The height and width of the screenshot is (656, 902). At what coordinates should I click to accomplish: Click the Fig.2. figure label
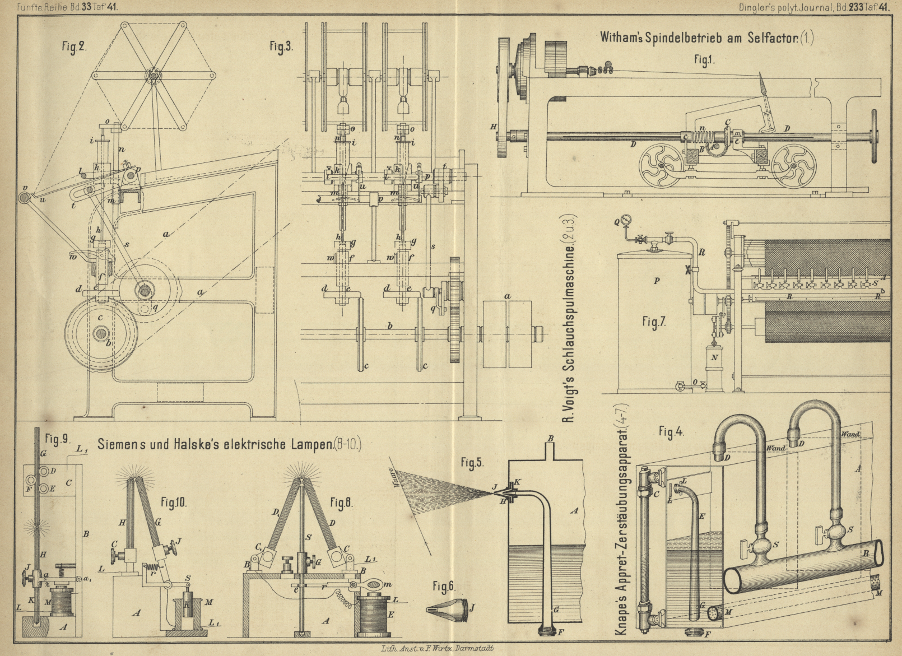point(73,47)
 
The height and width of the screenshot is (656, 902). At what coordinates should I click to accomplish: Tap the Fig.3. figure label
point(281,47)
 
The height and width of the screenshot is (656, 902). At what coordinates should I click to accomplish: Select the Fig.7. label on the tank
point(653,322)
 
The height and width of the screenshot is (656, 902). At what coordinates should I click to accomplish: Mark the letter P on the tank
point(657,281)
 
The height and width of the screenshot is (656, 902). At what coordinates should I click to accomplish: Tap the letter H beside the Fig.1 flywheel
point(493,127)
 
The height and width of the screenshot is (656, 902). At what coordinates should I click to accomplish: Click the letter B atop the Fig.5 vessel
point(550,438)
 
